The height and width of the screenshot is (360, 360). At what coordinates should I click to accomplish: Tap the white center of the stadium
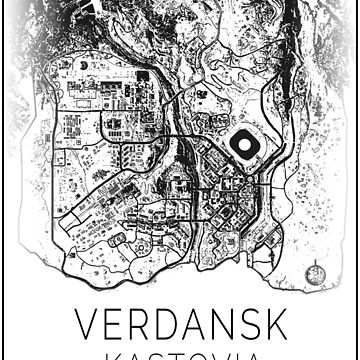[x=243, y=146]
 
